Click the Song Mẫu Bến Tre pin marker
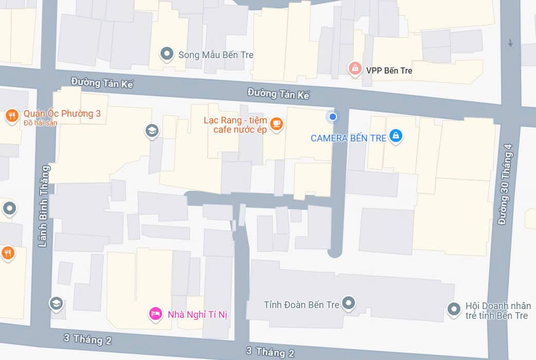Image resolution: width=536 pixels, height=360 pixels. tap(166, 53)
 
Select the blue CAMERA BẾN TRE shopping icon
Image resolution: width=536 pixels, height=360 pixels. tap(395, 135)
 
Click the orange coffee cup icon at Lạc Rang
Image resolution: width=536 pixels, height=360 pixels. tap(276, 123)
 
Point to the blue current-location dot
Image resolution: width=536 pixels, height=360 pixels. tap(333, 117)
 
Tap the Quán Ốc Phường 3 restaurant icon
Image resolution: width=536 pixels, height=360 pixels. tap(12, 115)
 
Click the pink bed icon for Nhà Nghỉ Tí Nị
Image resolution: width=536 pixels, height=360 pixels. tap(155, 313)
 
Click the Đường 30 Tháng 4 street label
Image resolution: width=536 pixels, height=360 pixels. tap(509, 184)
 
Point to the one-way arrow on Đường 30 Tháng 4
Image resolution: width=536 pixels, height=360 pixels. tap(510, 43)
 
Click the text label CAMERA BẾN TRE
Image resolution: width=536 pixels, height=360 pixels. tap(348, 138)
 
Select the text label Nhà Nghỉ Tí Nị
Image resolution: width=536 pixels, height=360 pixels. tap(197, 314)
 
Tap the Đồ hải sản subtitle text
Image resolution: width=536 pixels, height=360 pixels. tap(41, 123)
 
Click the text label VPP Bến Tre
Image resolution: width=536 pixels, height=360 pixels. tap(389, 70)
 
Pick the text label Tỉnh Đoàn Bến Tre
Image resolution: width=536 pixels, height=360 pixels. tap(301, 304)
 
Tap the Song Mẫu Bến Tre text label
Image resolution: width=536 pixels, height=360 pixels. tap(216, 55)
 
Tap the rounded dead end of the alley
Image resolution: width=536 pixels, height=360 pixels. tap(335, 251)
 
